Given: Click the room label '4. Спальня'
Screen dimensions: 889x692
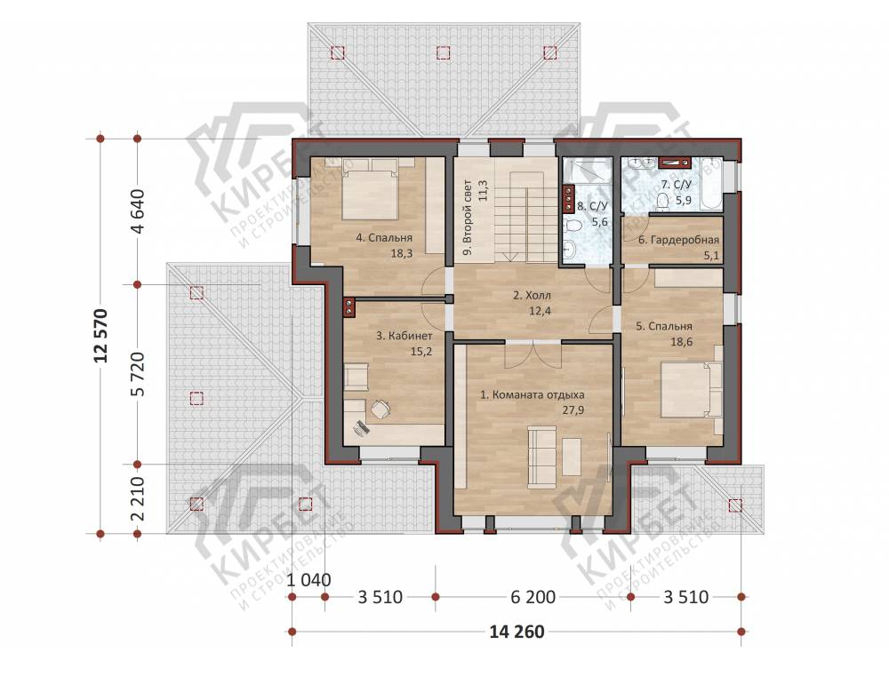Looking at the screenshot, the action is [384, 238].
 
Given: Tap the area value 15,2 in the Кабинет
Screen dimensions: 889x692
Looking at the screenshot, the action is [421, 352].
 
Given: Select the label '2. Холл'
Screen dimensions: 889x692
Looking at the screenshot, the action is [532, 295].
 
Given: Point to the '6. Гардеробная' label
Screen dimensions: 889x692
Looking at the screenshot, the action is [678, 241].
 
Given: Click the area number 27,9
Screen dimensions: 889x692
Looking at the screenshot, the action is [573, 410].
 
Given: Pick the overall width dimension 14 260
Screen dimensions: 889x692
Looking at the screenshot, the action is [517, 632].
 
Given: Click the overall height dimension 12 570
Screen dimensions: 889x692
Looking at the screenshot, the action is [101, 336].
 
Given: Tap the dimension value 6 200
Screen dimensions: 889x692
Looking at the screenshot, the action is [533, 597].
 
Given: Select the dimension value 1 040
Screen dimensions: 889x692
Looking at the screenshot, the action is [309, 580].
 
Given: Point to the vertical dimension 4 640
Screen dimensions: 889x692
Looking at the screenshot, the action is [138, 211].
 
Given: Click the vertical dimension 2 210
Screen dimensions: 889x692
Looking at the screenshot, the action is [138, 498].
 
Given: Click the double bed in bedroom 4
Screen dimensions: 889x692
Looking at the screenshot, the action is [370, 189].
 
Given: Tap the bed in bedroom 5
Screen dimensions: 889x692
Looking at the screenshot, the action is [692, 390].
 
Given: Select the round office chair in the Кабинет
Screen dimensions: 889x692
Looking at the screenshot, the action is [380, 409].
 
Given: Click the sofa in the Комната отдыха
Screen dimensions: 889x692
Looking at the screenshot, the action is [541, 457].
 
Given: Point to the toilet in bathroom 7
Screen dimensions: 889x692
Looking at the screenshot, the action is [661, 201].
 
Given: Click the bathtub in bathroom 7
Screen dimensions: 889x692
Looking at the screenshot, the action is [711, 183].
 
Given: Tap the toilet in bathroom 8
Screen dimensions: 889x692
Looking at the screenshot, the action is [573, 227].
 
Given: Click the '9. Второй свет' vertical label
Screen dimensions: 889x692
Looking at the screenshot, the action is [468, 218].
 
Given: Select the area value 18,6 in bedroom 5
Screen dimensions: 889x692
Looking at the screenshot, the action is [682, 342].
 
